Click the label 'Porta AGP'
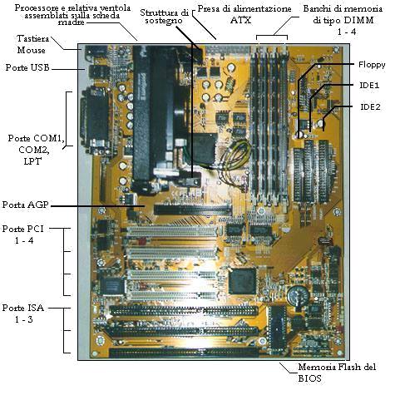tap(26, 205)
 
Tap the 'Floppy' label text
tap(372, 65)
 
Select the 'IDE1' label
tap(369, 86)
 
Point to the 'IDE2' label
tap(370, 106)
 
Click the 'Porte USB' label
tap(27, 67)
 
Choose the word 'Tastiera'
tap(32, 38)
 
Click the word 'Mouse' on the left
tap(31, 50)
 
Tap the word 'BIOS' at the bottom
tap(309, 378)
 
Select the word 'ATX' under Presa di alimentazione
tap(240, 20)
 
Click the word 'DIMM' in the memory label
tap(358, 20)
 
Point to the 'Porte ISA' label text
tap(23, 308)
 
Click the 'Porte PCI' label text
tap(23, 229)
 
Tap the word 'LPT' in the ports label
tap(32, 161)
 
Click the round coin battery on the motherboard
tap(298, 296)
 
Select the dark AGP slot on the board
tap(193, 210)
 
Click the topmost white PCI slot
tap(172, 231)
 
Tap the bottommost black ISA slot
tap(184, 353)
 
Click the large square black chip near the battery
tap(243, 281)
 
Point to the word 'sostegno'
tap(164, 21)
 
